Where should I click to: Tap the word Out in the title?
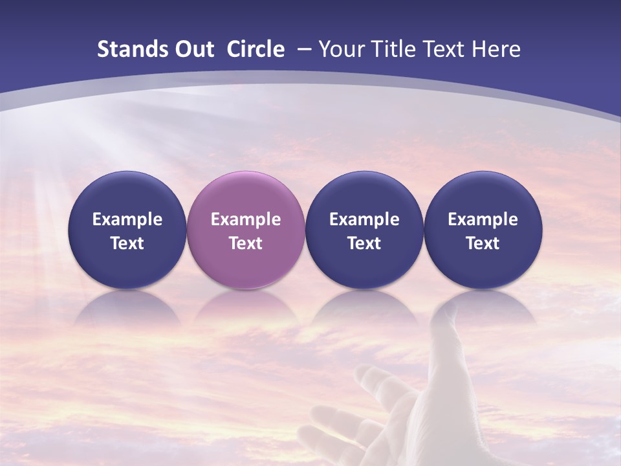[x=193, y=49]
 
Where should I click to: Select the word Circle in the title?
[x=256, y=49]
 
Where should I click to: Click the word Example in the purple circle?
[x=246, y=219]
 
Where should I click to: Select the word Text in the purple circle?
[x=246, y=243]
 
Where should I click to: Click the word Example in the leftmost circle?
[x=127, y=219]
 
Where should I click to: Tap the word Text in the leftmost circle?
[x=127, y=243]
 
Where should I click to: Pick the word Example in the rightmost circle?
[x=483, y=219]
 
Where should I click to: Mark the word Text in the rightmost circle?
[x=483, y=243]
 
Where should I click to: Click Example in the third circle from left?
[x=364, y=219]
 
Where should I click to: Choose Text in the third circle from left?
[x=364, y=243]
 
